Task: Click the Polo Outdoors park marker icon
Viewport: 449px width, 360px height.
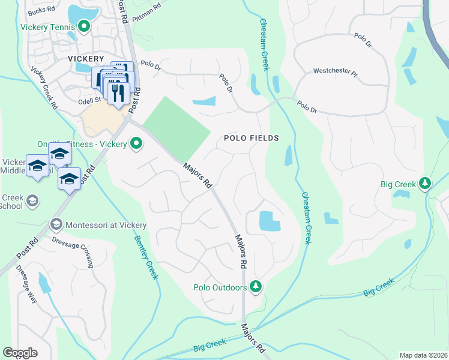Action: pyautogui.click(x=256, y=286)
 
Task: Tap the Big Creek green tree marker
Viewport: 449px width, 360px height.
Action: pyautogui.click(x=425, y=182)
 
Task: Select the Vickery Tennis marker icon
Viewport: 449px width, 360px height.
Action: pyautogui.click(x=83, y=26)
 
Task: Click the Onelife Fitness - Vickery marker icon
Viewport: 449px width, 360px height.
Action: pyautogui.click(x=137, y=143)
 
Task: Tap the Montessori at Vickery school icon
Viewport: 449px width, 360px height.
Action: pyautogui.click(x=56, y=225)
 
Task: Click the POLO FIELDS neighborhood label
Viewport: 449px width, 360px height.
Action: pyautogui.click(x=252, y=138)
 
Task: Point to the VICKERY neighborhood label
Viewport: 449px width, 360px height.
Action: pyautogui.click(x=86, y=59)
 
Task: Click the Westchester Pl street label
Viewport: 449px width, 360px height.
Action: pyautogui.click(x=335, y=73)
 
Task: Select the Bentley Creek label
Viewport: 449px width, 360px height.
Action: pyautogui.click(x=146, y=254)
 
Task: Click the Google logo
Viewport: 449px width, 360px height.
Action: pyautogui.click(x=20, y=353)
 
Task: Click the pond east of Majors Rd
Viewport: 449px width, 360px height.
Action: pyautogui.click(x=270, y=221)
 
